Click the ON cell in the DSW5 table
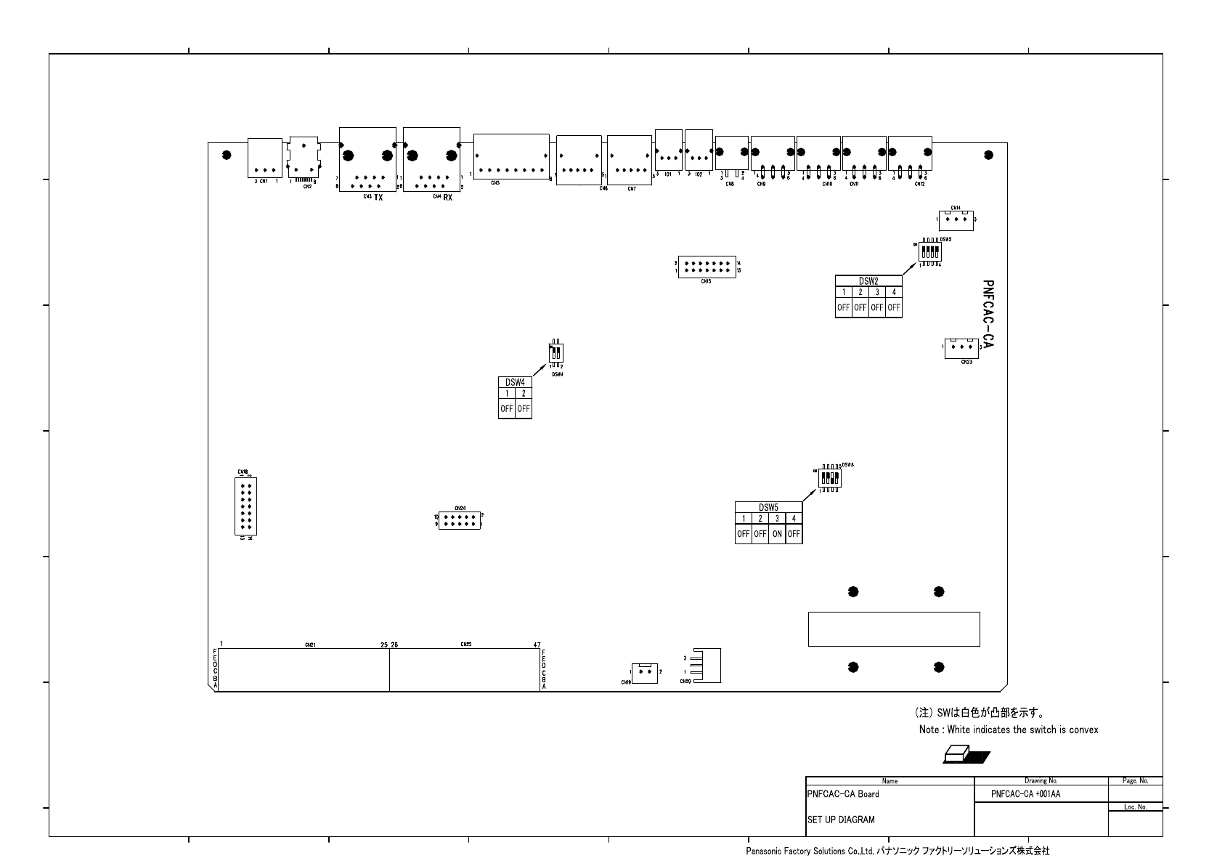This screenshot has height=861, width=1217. [x=777, y=534]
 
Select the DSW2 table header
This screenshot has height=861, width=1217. [x=868, y=281]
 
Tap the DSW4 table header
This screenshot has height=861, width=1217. [x=515, y=382]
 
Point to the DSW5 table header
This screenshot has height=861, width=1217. [x=768, y=507]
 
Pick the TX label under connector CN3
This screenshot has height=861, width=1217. [x=378, y=197]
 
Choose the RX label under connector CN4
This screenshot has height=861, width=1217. [x=447, y=197]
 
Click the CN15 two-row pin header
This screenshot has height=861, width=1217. [x=706, y=267]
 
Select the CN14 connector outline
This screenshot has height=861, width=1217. [x=956, y=219]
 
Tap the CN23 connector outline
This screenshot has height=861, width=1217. [x=961, y=348]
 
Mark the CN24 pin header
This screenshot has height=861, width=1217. [x=458, y=520]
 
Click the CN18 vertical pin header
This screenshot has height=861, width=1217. [x=245, y=506]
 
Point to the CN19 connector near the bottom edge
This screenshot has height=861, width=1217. [x=644, y=672]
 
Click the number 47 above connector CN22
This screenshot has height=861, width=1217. [x=537, y=644]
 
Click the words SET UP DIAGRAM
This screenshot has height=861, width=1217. [x=841, y=820]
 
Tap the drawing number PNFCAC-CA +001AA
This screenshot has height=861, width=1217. [x=1025, y=794]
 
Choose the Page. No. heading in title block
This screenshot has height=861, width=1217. [x=1135, y=781]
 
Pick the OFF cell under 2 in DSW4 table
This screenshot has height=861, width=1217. [x=524, y=409]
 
